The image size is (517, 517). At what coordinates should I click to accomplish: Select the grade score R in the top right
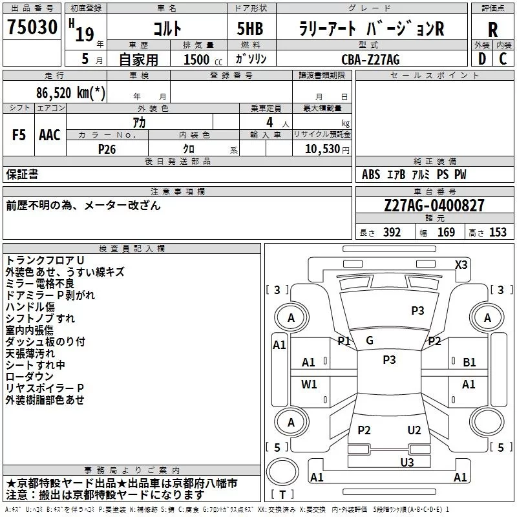(x=492, y=30)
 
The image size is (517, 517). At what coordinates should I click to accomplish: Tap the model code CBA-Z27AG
(x=370, y=59)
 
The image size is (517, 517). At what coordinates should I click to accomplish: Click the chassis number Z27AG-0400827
(x=434, y=206)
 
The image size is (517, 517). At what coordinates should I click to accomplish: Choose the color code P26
(x=107, y=148)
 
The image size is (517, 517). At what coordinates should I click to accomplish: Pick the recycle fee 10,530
(x=322, y=148)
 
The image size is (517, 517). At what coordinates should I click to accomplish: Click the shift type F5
(x=19, y=135)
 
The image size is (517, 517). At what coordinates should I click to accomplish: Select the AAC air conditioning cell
(x=49, y=135)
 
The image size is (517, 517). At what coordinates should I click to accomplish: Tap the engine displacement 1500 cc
(x=197, y=59)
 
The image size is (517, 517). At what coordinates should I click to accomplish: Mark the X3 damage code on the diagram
(x=461, y=264)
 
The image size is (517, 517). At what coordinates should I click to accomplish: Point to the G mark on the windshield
(x=370, y=341)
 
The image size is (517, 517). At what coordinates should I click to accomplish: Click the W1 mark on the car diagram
(x=309, y=385)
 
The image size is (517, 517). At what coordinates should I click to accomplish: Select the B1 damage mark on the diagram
(x=469, y=363)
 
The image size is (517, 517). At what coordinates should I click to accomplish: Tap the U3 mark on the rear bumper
(x=406, y=461)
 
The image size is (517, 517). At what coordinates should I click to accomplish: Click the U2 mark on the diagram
(x=414, y=430)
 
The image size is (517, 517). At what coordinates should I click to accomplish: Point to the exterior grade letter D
(x=481, y=59)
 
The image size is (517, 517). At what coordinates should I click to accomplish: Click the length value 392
(x=392, y=233)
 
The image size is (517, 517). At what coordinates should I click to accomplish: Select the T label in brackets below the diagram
(x=283, y=495)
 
